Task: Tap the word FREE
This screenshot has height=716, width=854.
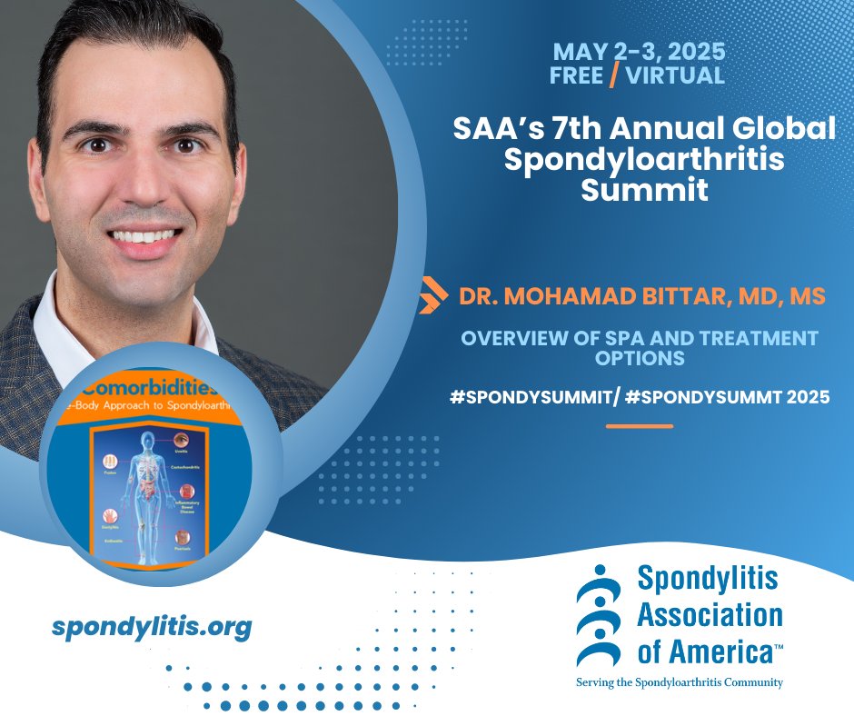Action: [x=576, y=75]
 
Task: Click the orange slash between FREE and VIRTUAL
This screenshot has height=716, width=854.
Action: [x=613, y=75]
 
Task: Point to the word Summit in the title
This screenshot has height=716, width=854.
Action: [x=643, y=192]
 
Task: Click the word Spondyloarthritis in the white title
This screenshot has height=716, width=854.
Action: [x=643, y=161]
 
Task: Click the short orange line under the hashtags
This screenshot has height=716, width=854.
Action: [x=639, y=425]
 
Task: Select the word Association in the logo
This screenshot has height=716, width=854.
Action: [x=710, y=614]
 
